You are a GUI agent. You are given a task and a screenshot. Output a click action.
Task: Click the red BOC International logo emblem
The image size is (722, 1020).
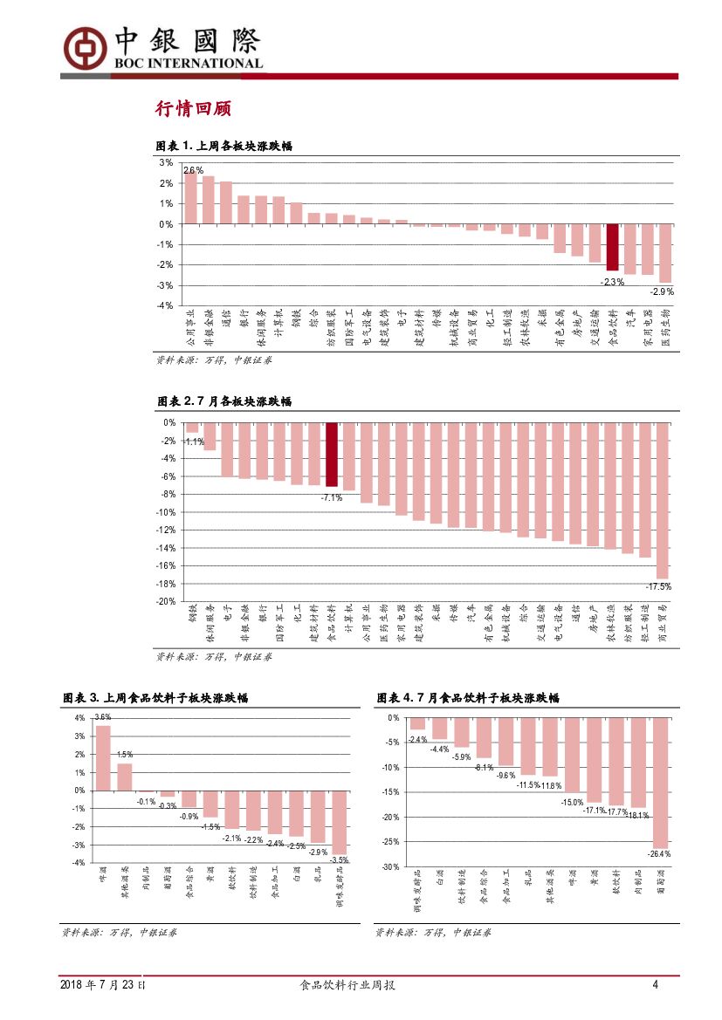[x=83, y=45]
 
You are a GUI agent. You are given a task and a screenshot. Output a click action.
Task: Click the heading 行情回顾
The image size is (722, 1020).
[x=192, y=109]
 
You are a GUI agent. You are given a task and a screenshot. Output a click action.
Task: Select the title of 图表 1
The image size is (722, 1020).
[x=223, y=146]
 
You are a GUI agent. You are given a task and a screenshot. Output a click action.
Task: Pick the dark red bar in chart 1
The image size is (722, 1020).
[x=613, y=247]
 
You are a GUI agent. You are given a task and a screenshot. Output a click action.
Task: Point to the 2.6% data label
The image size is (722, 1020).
[x=193, y=170]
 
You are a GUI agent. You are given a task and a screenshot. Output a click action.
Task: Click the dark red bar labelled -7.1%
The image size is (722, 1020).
[x=332, y=454]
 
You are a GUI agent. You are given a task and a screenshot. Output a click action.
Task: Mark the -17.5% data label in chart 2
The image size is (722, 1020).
[x=658, y=586]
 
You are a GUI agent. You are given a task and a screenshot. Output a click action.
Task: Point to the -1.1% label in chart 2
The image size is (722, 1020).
[x=193, y=442]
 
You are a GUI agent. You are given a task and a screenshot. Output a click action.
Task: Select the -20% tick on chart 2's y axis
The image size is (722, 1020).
[x=166, y=601]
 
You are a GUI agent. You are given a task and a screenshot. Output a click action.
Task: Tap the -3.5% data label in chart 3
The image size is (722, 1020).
[x=339, y=859]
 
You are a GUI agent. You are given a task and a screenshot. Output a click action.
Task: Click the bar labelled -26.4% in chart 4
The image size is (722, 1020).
[x=661, y=782]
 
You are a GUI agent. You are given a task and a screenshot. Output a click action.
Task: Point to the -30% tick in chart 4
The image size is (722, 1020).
[x=390, y=866]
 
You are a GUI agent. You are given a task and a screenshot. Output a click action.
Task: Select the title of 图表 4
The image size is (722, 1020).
[x=467, y=698]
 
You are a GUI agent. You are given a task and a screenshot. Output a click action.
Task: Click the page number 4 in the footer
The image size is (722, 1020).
[x=655, y=985]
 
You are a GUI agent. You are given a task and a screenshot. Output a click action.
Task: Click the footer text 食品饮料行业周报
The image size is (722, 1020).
[x=347, y=985]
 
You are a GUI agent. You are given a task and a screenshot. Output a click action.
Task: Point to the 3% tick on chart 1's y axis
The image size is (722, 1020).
[x=166, y=162]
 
